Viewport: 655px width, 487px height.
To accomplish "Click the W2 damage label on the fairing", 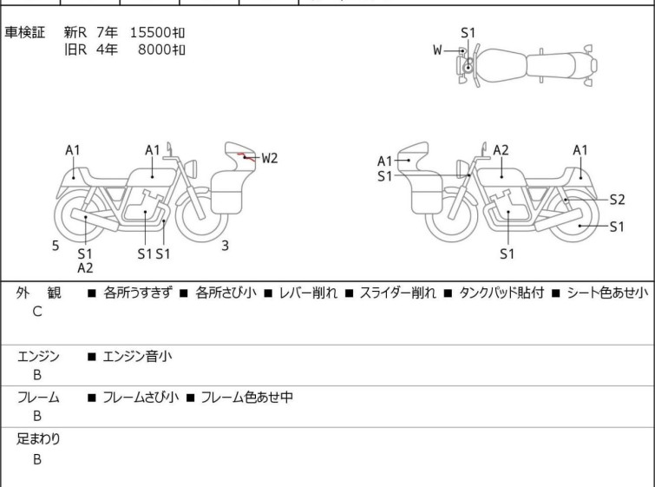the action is [x=270, y=158].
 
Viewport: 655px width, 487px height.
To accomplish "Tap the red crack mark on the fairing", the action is [x=246, y=157].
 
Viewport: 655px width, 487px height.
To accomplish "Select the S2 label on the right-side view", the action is [x=617, y=200].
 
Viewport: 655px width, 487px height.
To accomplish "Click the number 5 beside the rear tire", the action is [x=56, y=246].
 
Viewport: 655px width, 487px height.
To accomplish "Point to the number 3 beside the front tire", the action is [x=226, y=246].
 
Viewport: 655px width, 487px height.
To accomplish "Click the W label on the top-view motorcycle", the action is [x=437, y=50].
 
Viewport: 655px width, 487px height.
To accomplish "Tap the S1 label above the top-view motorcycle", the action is [x=468, y=33].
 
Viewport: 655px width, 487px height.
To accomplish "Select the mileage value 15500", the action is [x=150, y=32].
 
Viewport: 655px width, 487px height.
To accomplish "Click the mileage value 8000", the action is [x=154, y=49].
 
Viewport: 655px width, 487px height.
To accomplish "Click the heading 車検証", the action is [x=24, y=32].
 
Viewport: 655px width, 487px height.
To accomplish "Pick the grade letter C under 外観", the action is [x=37, y=312].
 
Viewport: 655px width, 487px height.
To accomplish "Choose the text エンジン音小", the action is [x=137, y=357].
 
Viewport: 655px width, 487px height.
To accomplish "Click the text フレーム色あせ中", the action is [x=246, y=397].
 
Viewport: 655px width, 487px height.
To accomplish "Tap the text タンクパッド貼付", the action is [x=501, y=293].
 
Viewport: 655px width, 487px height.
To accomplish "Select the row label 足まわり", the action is [x=38, y=439].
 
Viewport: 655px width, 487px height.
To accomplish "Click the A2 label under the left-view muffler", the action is [x=85, y=268].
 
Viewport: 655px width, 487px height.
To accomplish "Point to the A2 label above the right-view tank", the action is [x=501, y=150].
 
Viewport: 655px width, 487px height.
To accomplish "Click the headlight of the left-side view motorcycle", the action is [x=191, y=169].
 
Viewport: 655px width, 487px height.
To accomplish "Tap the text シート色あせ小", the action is [x=607, y=293].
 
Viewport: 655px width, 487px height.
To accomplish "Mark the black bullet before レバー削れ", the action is [x=268, y=293].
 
